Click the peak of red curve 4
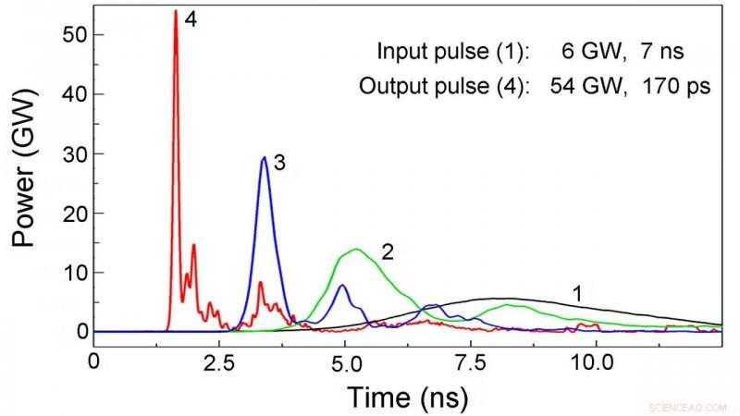tap(176, 11)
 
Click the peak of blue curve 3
tap(265, 157)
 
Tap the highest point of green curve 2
tap(356, 250)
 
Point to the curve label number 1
tap(577, 295)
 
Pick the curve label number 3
tap(278, 163)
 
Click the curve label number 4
tap(191, 19)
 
